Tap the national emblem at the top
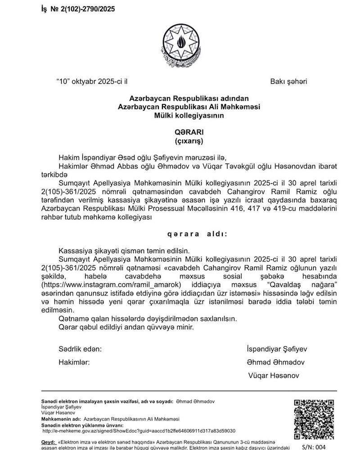click(183, 44)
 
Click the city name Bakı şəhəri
click(288, 82)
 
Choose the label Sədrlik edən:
click(80, 349)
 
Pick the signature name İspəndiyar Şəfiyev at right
click(277, 349)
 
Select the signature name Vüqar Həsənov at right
click(274, 375)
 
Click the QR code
click(314, 419)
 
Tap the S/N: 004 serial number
click(314, 447)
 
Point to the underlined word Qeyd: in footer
click(48, 442)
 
